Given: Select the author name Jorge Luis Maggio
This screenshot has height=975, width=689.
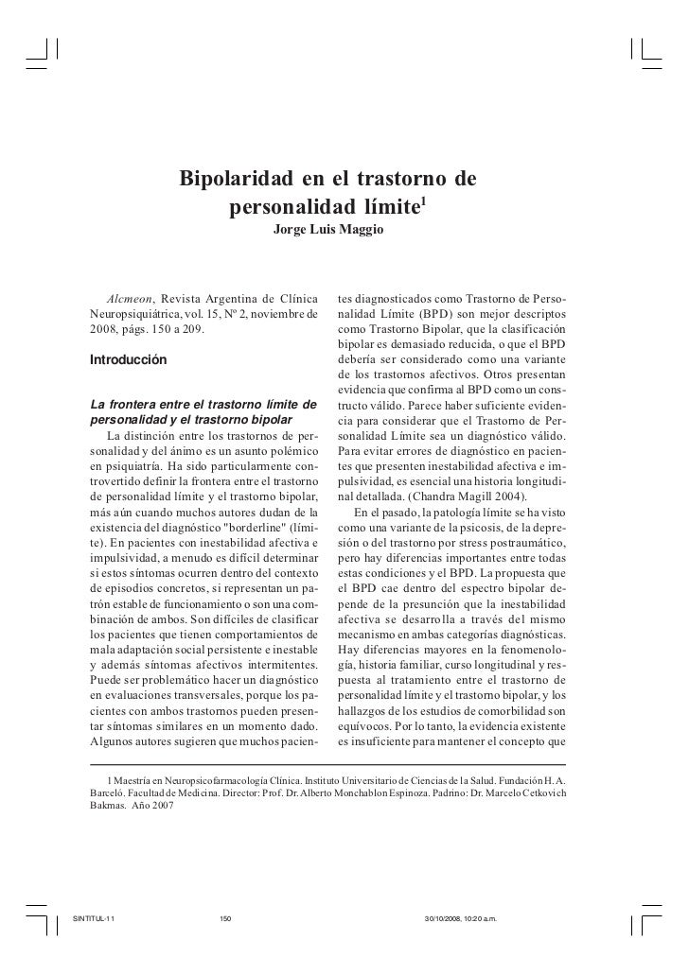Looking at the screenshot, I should point(328,230).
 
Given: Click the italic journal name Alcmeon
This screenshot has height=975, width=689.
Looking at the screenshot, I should point(131,300).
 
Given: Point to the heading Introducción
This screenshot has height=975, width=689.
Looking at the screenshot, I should point(127,360).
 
